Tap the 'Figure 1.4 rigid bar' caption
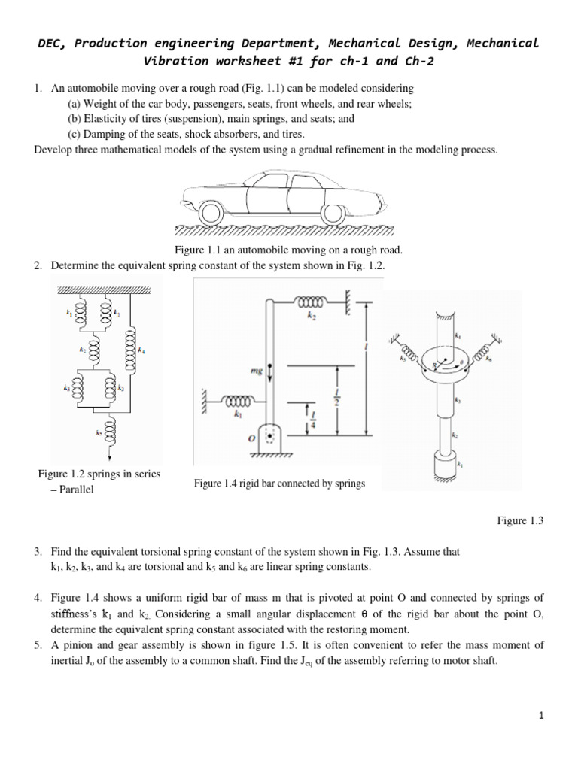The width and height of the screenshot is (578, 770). click(278, 484)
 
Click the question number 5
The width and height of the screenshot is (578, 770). click(38, 645)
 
